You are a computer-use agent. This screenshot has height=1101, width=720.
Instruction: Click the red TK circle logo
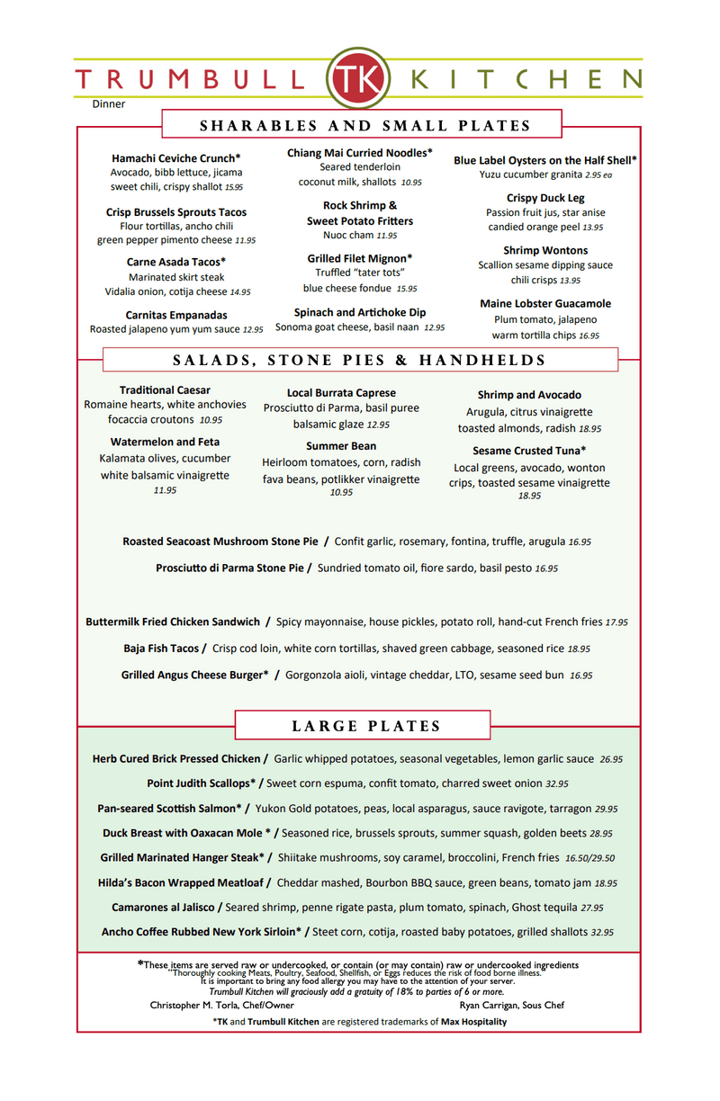[x=360, y=77]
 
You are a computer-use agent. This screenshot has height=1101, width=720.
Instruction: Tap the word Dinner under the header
[x=109, y=104]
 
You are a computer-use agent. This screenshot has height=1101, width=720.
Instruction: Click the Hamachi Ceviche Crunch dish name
[x=176, y=158]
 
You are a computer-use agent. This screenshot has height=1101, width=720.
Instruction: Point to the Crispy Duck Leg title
[x=545, y=198]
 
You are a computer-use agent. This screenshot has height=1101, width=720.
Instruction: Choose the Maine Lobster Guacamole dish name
[x=545, y=304]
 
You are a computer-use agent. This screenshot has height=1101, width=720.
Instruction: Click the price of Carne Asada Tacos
[x=240, y=292]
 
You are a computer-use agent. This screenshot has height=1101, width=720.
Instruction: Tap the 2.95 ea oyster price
[x=598, y=175]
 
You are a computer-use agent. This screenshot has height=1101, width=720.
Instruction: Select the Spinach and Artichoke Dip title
[x=360, y=312]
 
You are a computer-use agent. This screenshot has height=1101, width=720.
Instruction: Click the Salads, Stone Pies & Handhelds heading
[x=360, y=361]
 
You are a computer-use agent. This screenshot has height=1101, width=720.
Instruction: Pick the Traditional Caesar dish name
[x=165, y=390]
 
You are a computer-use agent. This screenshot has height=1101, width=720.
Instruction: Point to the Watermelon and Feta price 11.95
[x=165, y=490]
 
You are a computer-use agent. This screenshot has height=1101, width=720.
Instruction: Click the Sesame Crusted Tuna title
[x=529, y=451]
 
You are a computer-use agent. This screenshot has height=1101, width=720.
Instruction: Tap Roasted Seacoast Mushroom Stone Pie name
[x=220, y=542]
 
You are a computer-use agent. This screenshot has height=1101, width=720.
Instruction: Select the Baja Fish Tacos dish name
[x=162, y=648]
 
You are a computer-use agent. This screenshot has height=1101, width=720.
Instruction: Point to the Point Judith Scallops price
[x=557, y=783]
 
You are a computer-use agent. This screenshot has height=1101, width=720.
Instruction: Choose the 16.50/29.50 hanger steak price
[x=590, y=858]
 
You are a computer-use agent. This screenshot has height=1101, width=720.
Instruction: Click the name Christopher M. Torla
[x=193, y=1005]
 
